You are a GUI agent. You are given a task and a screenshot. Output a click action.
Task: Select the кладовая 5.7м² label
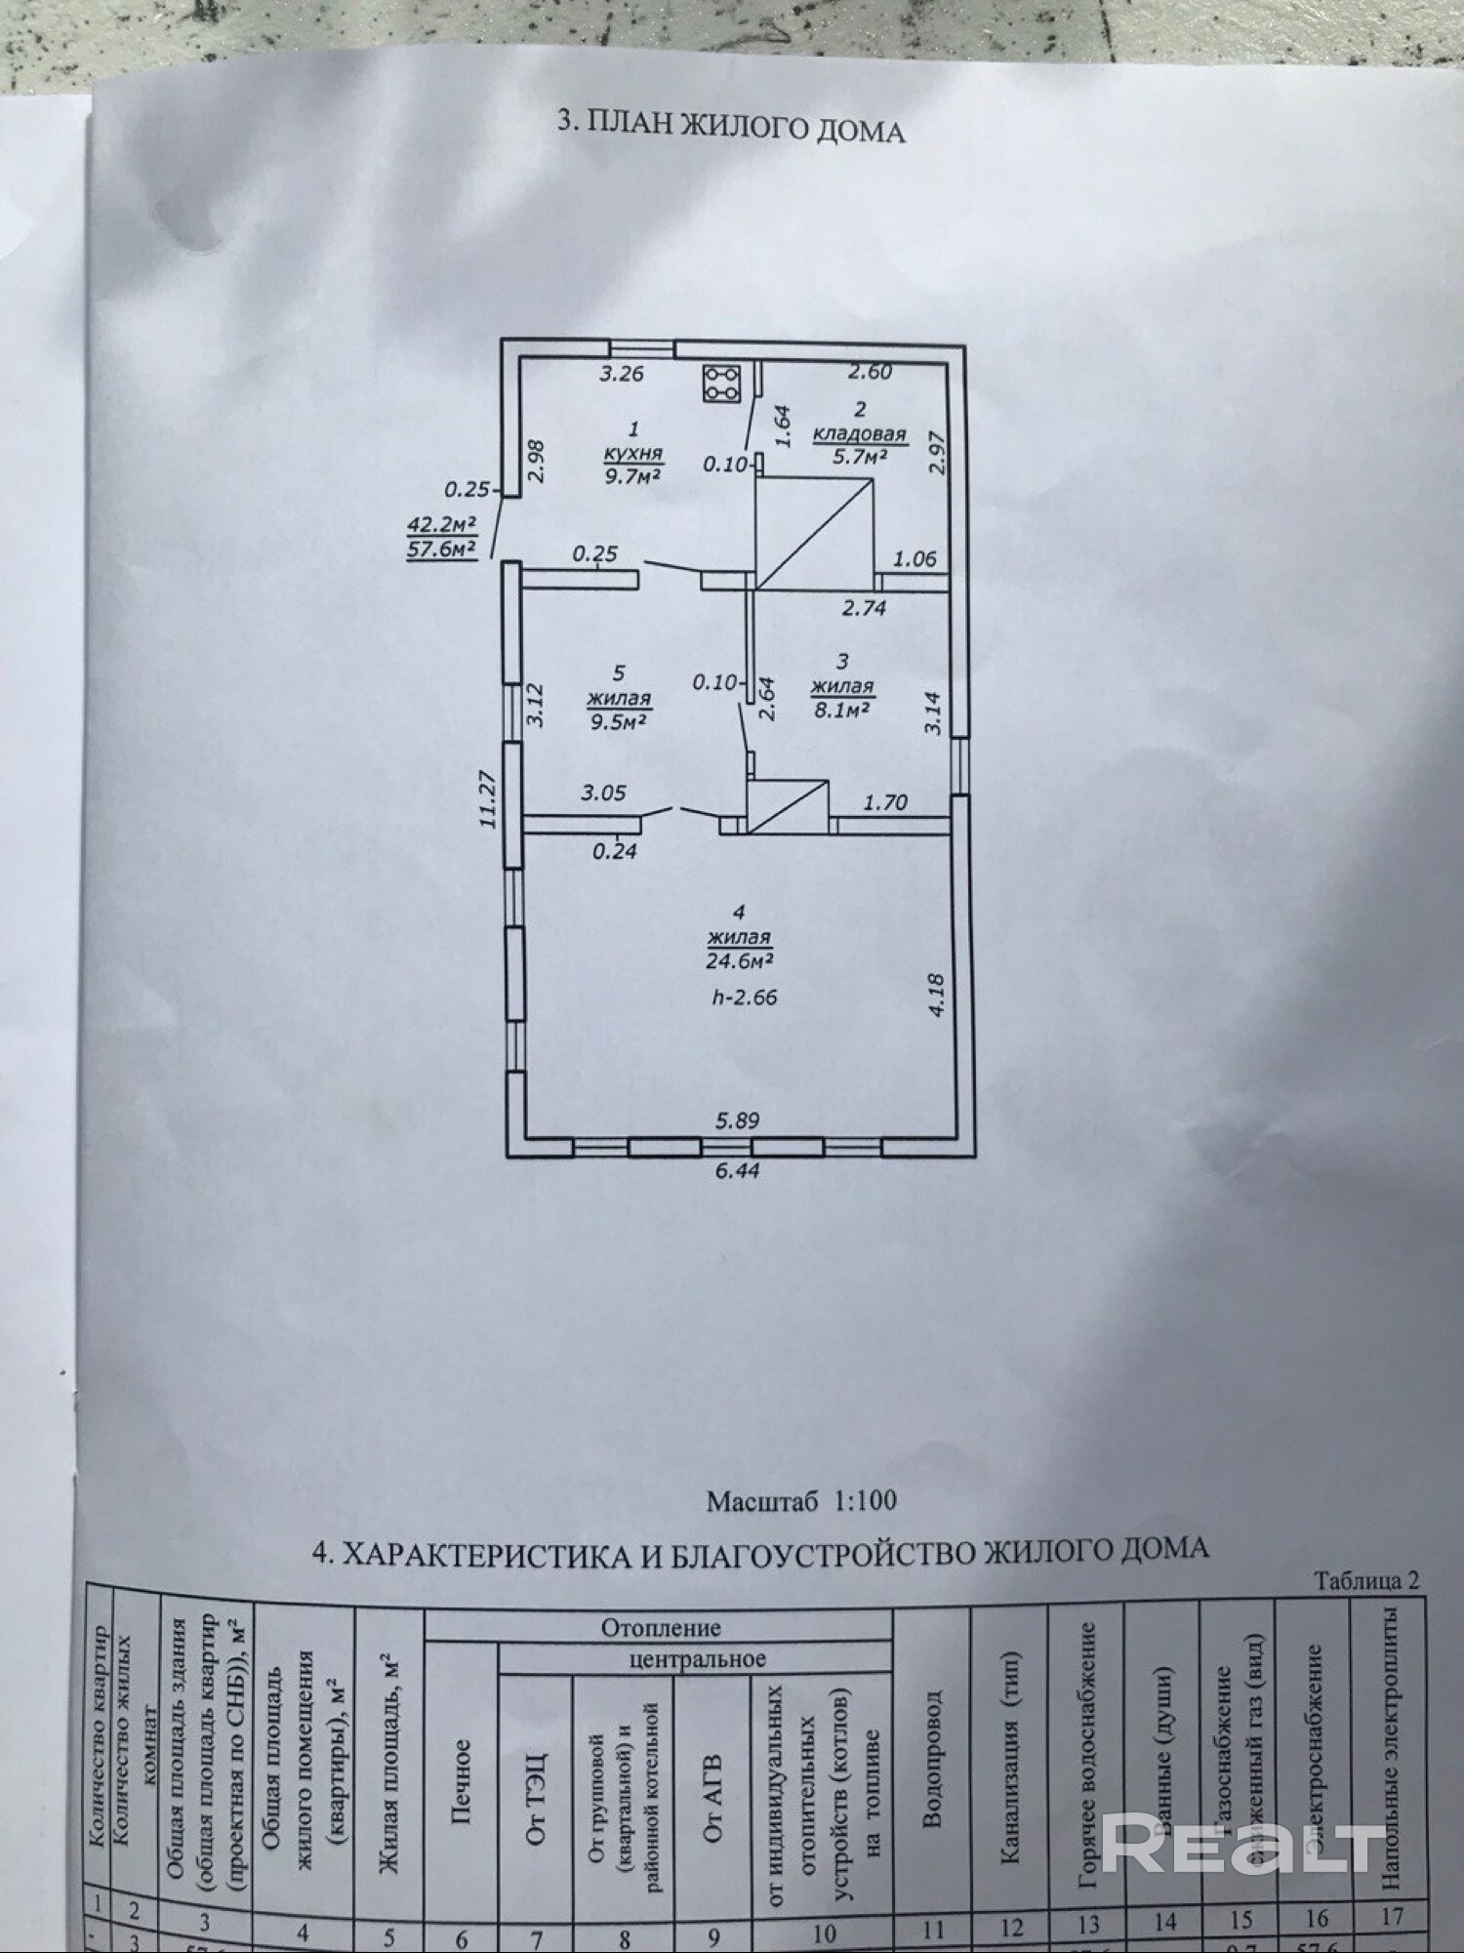(x=860, y=445)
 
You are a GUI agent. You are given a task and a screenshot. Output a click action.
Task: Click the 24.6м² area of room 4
(x=740, y=959)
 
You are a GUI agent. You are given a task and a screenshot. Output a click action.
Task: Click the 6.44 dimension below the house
(x=737, y=1171)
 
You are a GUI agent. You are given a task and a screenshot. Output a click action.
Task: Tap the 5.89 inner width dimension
(x=737, y=1121)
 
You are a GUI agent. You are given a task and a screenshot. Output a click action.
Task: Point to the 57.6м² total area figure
(x=441, y=549)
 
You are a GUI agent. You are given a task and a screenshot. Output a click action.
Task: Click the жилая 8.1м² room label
(x=841, y=698)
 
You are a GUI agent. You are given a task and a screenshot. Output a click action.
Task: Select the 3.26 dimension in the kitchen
(x=622, y=373)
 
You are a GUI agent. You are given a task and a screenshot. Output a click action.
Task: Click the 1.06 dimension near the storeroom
(x=915, y=559)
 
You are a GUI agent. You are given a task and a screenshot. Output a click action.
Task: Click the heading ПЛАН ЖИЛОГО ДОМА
(x=730, y=128)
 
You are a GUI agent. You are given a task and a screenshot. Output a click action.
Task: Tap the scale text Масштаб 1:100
(x=801, y=1500)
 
